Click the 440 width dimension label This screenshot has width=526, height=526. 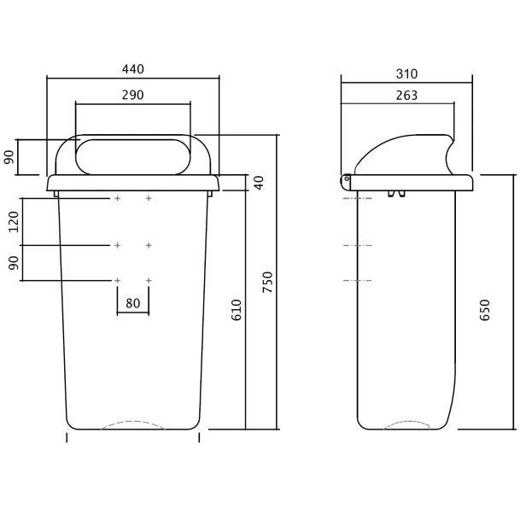133,69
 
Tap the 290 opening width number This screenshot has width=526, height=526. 133,96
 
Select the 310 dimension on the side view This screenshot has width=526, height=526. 406,73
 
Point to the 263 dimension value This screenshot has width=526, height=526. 406,96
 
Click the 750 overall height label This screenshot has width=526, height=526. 268,282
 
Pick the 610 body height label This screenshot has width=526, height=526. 237,310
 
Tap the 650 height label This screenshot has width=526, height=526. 485,310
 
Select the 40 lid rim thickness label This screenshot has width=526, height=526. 260,183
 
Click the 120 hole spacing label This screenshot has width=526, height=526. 14,222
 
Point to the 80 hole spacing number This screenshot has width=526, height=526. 133,303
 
